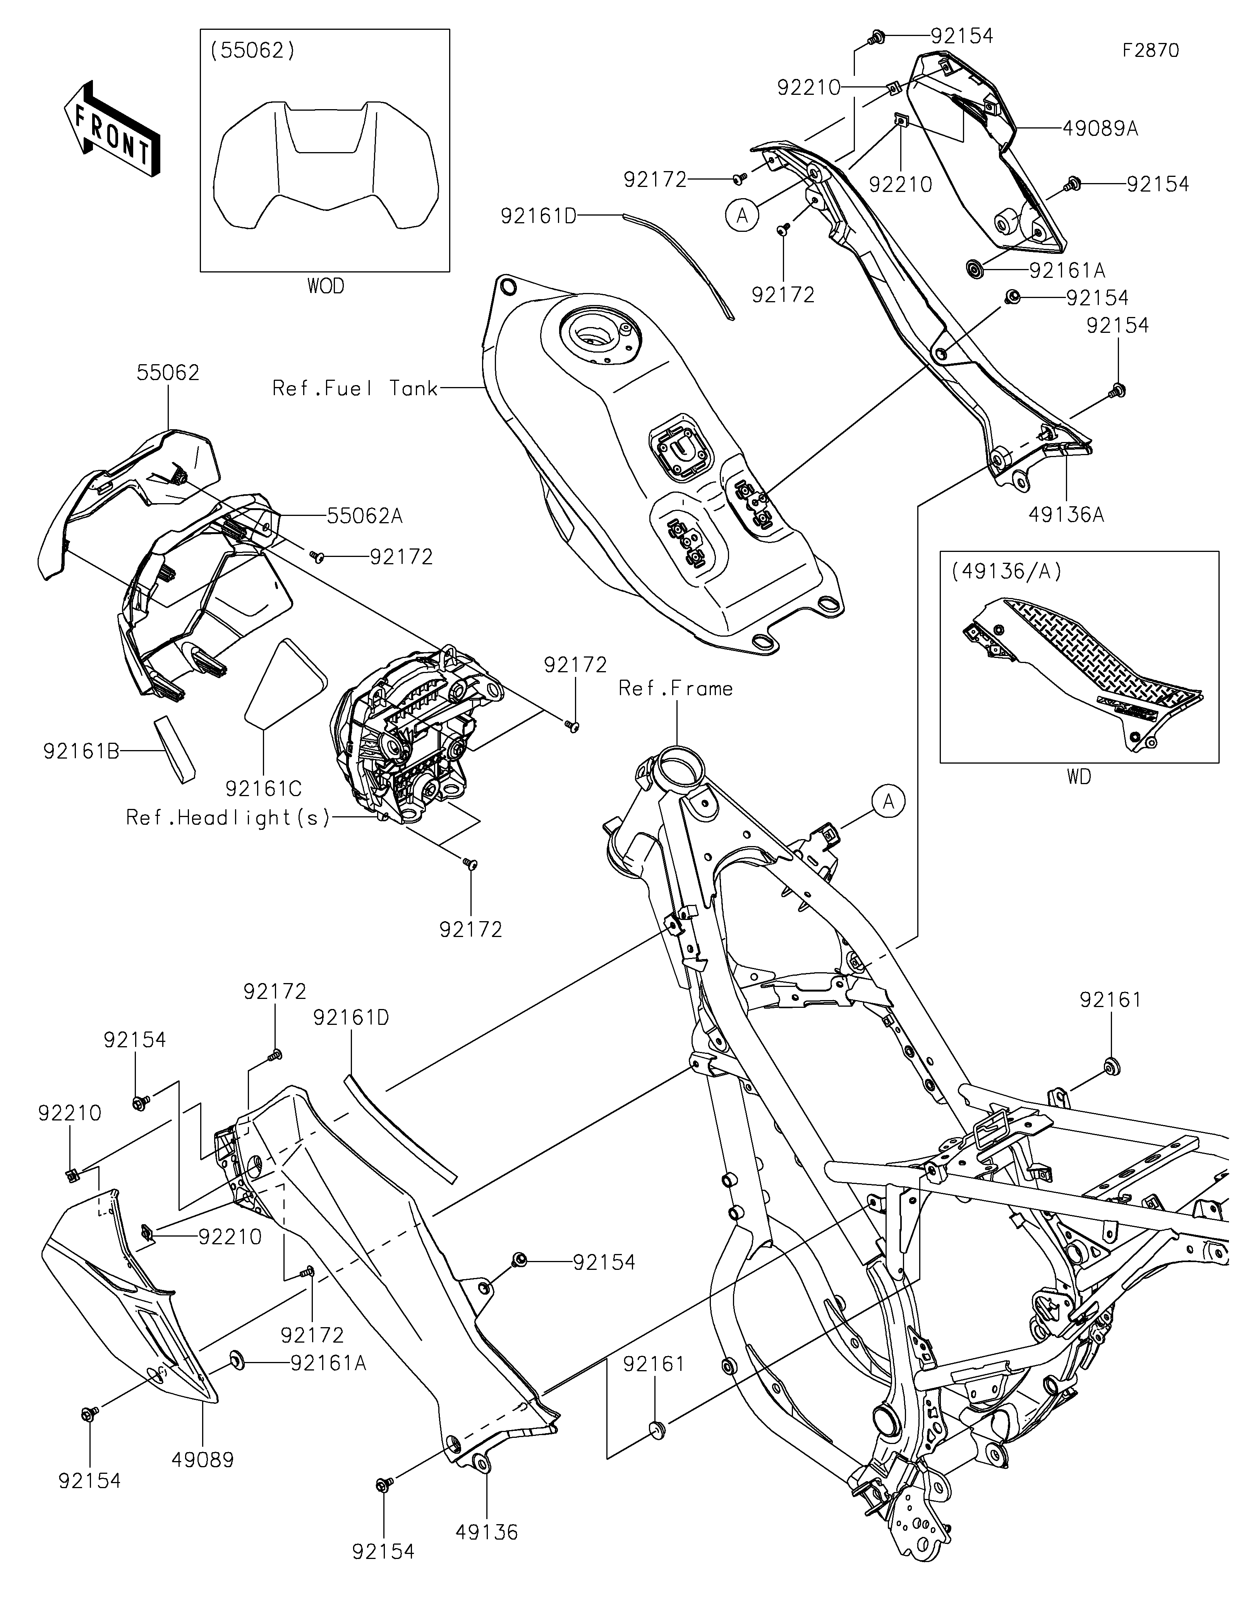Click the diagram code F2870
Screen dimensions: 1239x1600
[1150, 51]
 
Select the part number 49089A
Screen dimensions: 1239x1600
[1100, 129]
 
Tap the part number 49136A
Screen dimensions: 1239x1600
[1066, 515]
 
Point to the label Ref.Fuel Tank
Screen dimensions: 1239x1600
[355, 388]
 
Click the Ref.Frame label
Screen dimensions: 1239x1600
[676, 689]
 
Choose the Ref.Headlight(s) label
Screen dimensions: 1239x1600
[228, 817]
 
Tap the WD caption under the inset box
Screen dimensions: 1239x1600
[1079, 776]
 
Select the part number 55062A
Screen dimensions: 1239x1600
[365, 516]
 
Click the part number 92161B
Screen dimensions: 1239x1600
[81, 752]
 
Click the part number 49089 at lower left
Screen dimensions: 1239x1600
[202, 1460]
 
